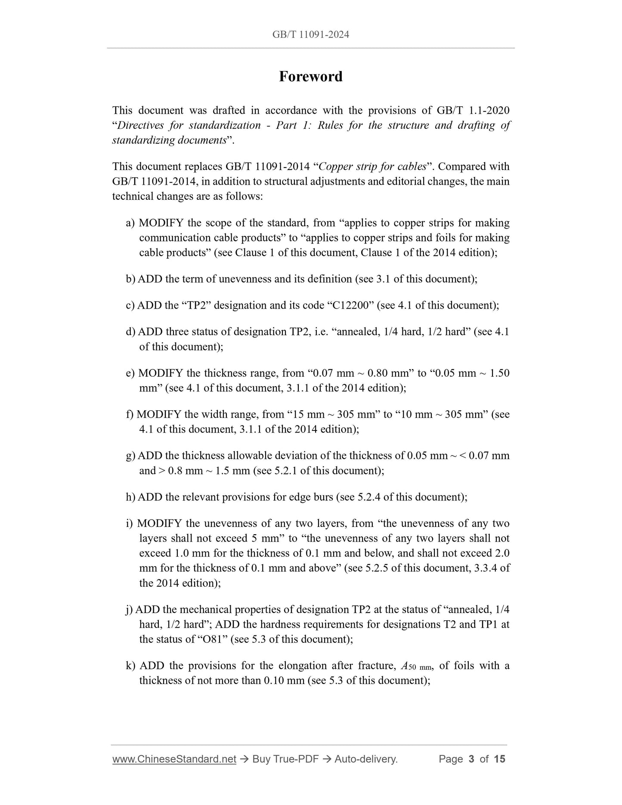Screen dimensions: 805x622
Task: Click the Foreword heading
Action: pyautogui.click(x=310, y=77)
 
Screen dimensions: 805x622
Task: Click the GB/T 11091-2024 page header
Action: pyautogui.click(x=310, y=34)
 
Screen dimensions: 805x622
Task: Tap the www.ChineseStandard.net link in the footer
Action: pyautogui.click(x=174, y=759)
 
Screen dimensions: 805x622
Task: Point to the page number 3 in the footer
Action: pyautogui.click(x=471, y=759)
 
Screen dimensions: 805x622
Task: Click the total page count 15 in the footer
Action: pyautogui.click(x=499, y=759)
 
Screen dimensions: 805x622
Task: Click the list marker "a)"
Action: pyautogui.click(x=130, y=223)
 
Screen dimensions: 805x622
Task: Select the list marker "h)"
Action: pyautogui.click(x=130, y=497)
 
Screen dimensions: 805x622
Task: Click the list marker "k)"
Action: pyautogui.click(x=130, y=666)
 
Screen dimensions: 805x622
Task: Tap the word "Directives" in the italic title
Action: pyautogui.click(x=140, y=125)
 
